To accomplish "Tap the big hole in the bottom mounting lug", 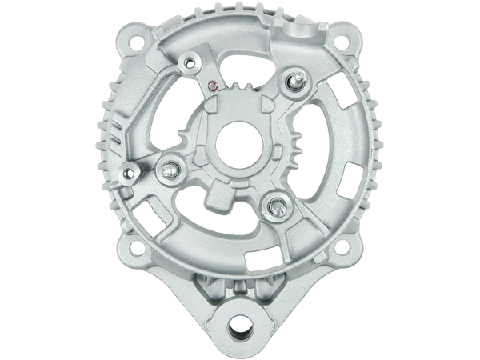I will [239, 320].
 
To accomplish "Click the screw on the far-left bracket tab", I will [130, 171].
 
